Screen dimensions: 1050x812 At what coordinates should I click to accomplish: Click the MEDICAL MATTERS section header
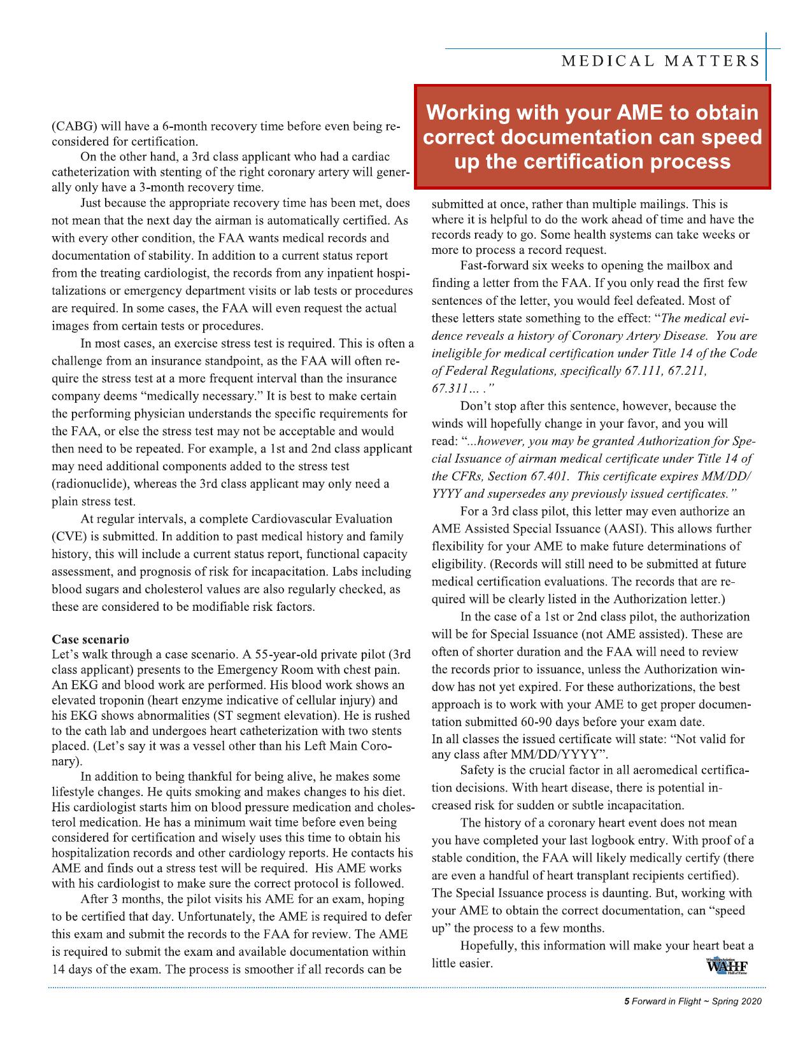click(660, 61)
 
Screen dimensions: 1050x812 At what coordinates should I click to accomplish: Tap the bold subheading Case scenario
click(90, 638)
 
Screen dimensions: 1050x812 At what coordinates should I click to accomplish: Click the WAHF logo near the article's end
click(727, 964)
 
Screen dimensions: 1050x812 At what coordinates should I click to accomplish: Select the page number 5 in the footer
click(627, 1002)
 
